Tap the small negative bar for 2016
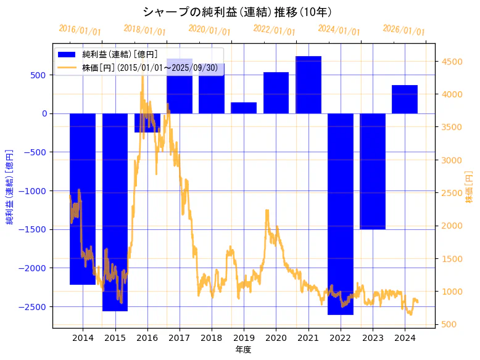pyautogui.click(x=147, y=123)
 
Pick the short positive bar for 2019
pyautogui.click(x=244, y=108)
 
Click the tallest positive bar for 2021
pyautogui.click(x=308, y=85)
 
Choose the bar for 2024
pyautogui.click(x=405, y=99)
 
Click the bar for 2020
pyautogui.click(x=276, y=93)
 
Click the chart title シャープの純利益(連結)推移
pyautogui.click(x=238, y=12)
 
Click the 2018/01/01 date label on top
pyautogui.click(x=144, y=30)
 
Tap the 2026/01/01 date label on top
pyautogui.click(x=403, y=30)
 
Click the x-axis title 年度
pyautogui.click(x=244, y=350)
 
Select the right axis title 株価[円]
pyautogui.click(x=470, y=188)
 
